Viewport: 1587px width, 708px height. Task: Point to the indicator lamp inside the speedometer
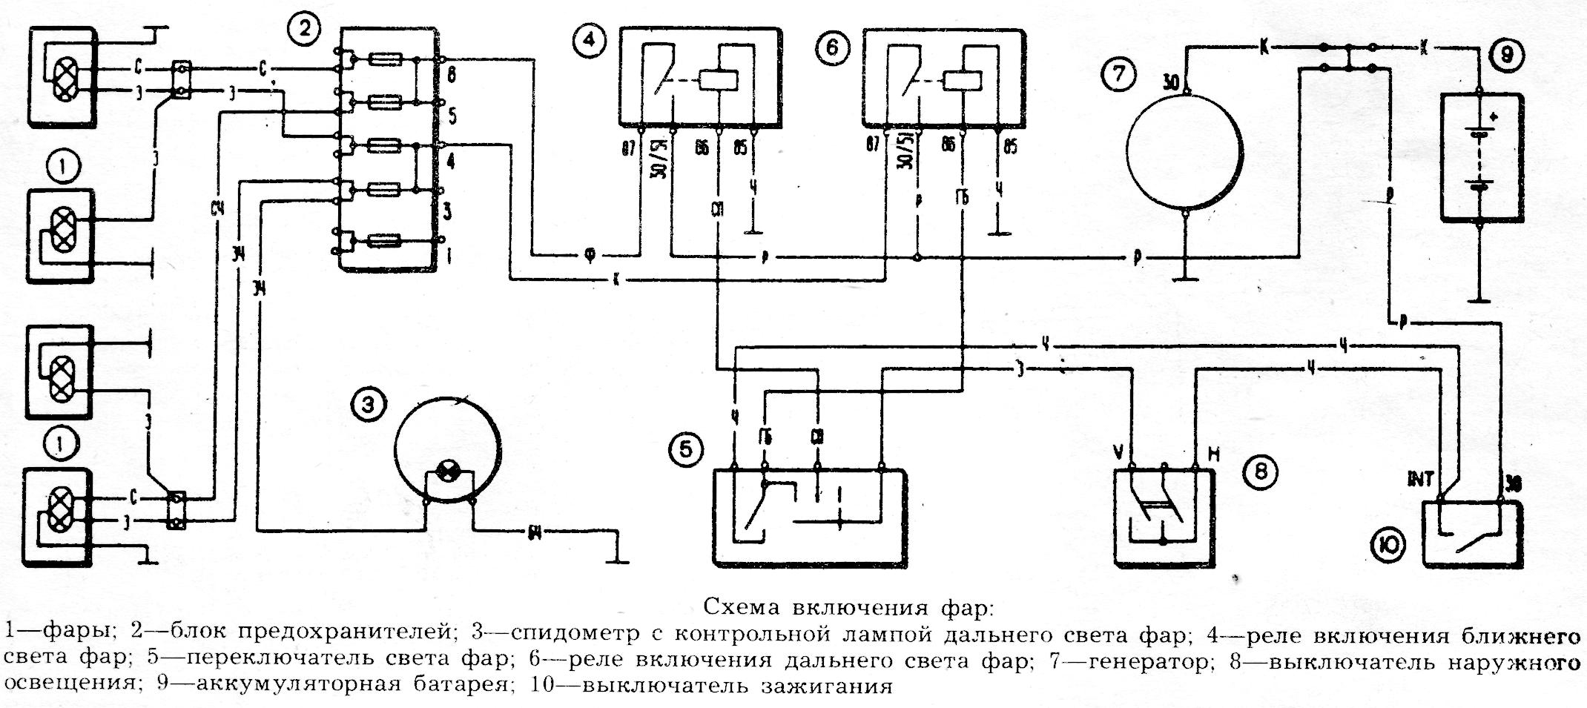447,469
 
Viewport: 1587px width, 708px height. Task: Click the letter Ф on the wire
589,257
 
